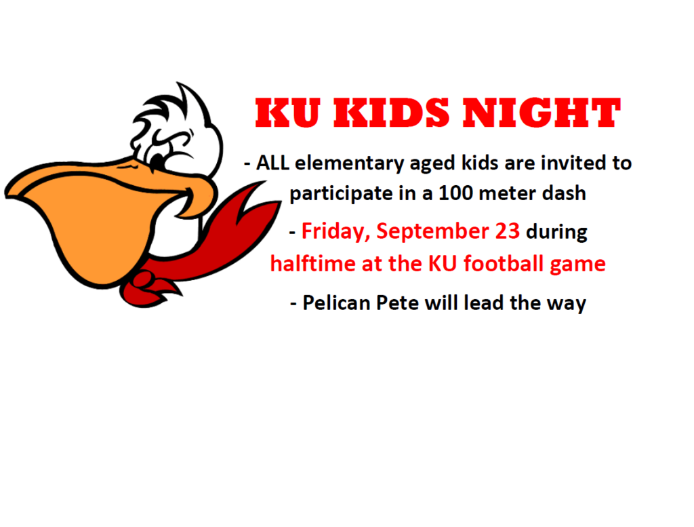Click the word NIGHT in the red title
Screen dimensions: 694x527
click(x=542, y=113)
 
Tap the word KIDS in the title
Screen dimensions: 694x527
click(x=391, y=113)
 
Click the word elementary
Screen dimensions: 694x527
click(x=349, y=164)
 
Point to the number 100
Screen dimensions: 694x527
click(x=455, y=193)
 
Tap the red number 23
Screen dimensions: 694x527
click(x=507, y=231)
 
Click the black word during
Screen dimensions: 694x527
click(x=556, y=233)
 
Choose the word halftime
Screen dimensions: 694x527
click(x=313, y=264)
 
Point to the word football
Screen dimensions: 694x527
click(x=504, y=264)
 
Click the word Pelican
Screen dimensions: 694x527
click(x=336, y=303)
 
